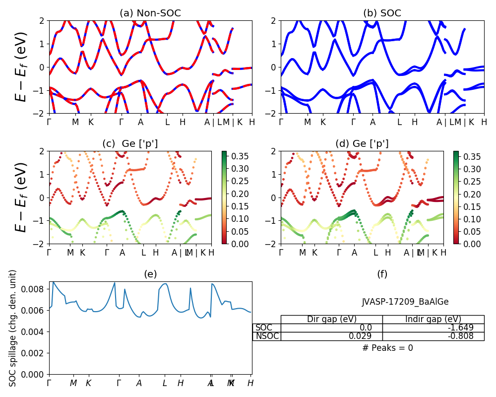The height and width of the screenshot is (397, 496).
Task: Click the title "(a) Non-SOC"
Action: click(x=150, y=13)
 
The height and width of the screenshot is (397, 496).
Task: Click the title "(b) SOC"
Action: click(x=382, y=13)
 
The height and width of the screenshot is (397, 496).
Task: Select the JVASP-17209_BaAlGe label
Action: click(x=405, y=301)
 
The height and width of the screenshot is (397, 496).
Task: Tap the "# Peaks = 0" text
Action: click(x=387, y=348)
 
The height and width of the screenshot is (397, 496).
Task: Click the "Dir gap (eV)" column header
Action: click(x=332, y=319)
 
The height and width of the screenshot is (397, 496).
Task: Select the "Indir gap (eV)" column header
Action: click(x=433, y=319)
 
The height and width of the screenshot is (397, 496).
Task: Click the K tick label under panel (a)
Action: click(x=91, y=122)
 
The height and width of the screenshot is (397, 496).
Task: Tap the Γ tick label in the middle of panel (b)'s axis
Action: click(x=353, y=122)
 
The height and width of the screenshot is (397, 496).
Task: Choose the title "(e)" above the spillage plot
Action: click(x=150, y=274)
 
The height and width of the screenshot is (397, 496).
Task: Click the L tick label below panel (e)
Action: click(x=165, y=383)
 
